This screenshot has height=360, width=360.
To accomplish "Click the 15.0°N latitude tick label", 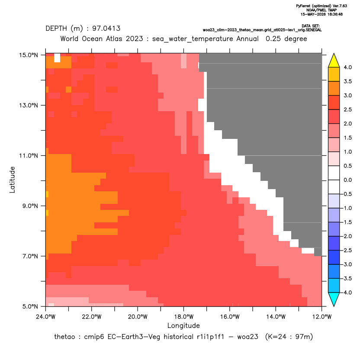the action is pos(29,55).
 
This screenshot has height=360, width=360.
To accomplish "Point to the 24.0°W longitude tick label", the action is pos(46,317).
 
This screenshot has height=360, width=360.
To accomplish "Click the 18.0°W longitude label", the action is pos(183,317).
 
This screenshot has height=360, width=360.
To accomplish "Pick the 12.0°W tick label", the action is pos(322,317).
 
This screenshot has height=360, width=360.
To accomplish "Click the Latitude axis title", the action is pos(12,180).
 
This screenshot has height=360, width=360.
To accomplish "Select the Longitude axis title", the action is pos(183,325).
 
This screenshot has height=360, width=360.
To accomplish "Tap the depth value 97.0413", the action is pos(106,29).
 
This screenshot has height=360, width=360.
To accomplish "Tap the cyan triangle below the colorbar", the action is pos(334,299).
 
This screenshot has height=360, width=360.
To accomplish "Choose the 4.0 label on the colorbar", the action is pos(347,67).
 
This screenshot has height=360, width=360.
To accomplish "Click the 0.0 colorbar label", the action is pos(347,180).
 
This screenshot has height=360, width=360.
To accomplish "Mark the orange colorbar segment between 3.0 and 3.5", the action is pos(334,88).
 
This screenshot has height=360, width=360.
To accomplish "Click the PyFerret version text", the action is pos(321,6).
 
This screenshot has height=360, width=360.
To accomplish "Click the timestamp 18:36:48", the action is pos(335,14).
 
